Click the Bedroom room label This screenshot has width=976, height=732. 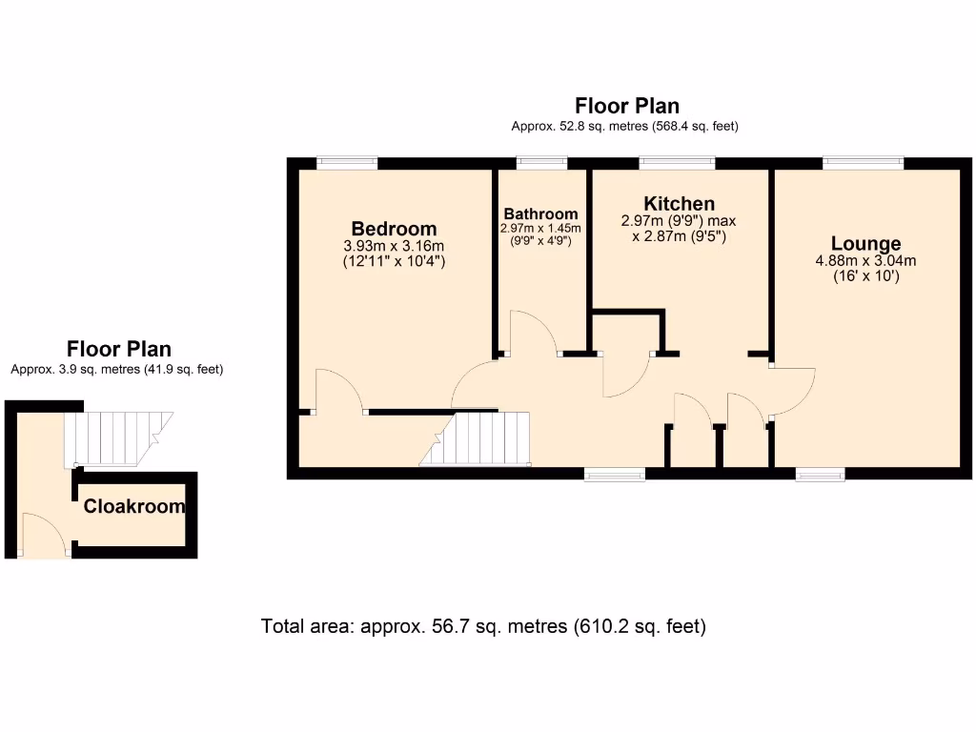click(x=394, y=229)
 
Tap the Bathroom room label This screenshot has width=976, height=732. click(x=540, y=213)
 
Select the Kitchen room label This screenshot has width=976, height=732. click(x=679, y=204)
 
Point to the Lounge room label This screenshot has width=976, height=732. click(x=865, y=244)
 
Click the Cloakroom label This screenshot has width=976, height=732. click(x=134, y=507)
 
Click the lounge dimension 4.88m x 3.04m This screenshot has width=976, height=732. click(x=865, y=261)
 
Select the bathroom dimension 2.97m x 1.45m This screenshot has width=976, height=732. click(x=540, y=229)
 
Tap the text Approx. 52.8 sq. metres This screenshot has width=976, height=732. click(x=625, y=126)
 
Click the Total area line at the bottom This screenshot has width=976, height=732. click(x=483, y=627)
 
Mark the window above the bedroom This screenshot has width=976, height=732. click(x=347, y=163)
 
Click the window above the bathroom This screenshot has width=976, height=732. click(x=541, y=163)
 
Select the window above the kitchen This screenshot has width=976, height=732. click(x=678, y=163)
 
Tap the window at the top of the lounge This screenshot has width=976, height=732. click(x=863, y=163)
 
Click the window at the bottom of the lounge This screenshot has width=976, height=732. click(x=821, y=473)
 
